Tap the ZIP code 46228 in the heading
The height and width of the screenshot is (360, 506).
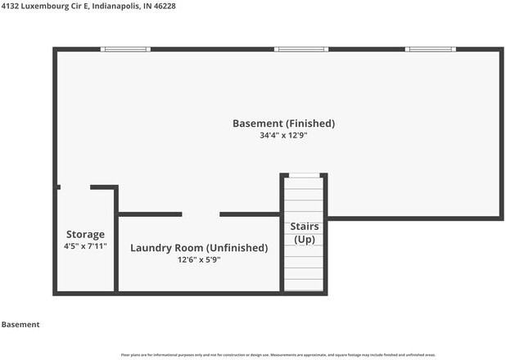point(164,6)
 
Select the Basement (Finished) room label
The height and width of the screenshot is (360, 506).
point(283,124)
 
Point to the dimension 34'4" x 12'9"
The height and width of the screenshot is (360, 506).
point(283,136)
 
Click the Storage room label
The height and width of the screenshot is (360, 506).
point(85,234)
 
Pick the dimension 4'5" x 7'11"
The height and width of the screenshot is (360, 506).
point(85,245)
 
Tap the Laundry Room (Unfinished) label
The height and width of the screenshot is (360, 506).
point(199,248)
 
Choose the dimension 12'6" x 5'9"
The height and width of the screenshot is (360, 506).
point(199,259)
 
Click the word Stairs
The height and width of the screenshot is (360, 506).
point(305,227)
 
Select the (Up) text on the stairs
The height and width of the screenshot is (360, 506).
point(305,240)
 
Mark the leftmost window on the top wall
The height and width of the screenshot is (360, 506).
point(125,49)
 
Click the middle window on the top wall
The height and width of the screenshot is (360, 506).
point(300,49)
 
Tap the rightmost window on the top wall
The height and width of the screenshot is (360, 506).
point(431,49)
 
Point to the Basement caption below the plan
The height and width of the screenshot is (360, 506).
point(20,325)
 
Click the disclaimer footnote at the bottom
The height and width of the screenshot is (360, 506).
point(306,354)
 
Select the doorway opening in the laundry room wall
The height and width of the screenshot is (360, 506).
point(201,214)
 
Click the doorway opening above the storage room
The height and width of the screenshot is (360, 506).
point(75,187)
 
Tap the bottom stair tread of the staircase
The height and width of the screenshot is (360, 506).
point(304,286)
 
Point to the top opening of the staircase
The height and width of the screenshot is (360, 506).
point(304,175)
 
